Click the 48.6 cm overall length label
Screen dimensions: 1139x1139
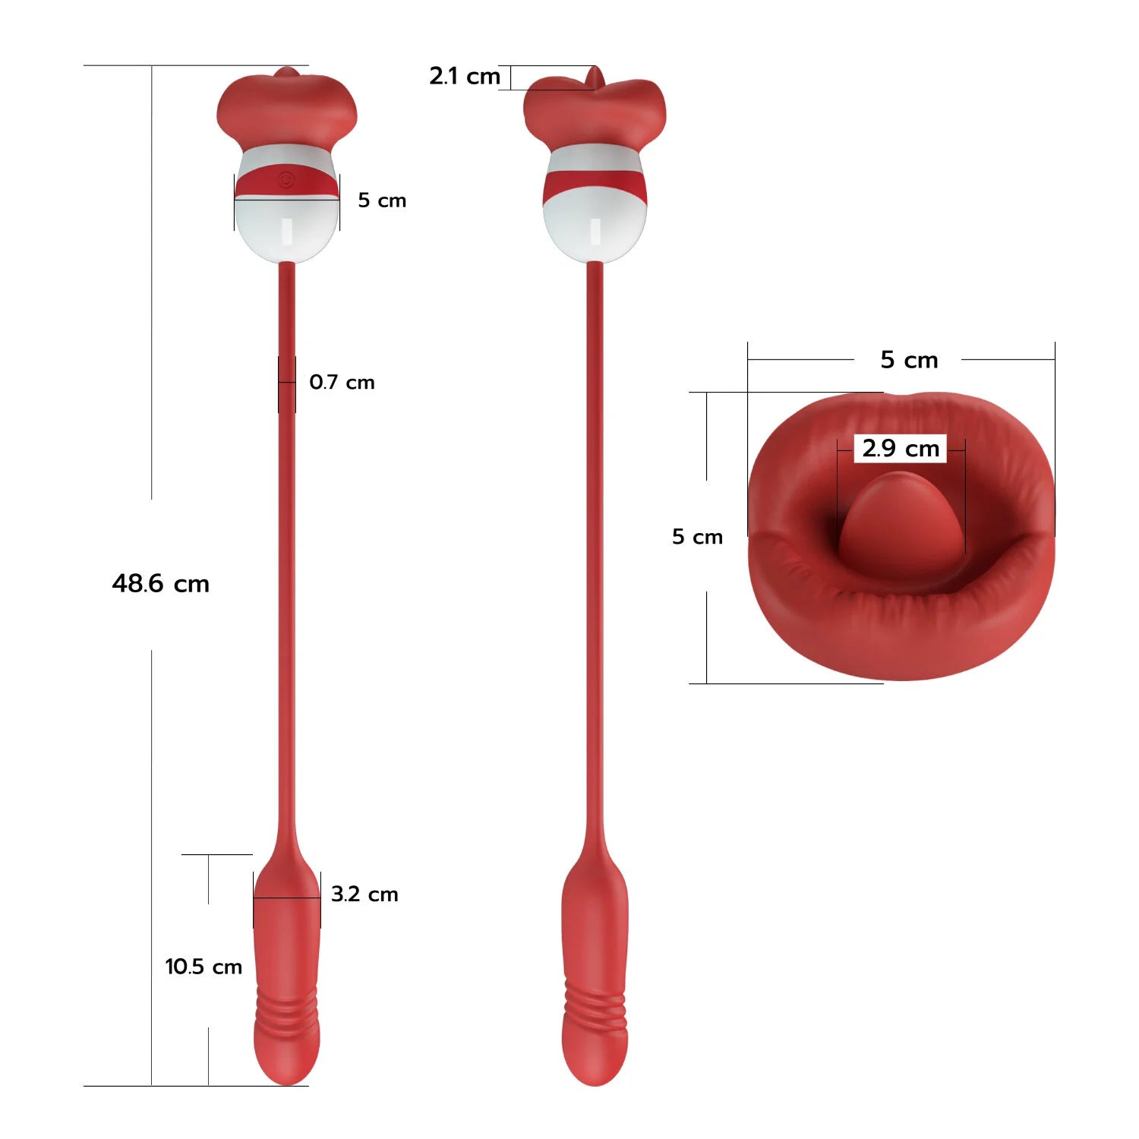tap(160, 583)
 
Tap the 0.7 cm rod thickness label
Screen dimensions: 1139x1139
tap(342, 382)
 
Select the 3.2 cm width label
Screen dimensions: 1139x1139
tap(364, 894)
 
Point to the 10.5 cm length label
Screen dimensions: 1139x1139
tap(204, 967)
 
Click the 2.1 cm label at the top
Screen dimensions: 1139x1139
tap(465, 76)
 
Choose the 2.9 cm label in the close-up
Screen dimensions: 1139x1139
tap(901, 448)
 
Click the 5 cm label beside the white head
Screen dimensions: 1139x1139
tap(382, 200)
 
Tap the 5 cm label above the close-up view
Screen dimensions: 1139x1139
tap(909, 359)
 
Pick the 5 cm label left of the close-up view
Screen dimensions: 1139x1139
tap(697, 537)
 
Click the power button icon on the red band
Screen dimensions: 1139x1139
tap(286, 180)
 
